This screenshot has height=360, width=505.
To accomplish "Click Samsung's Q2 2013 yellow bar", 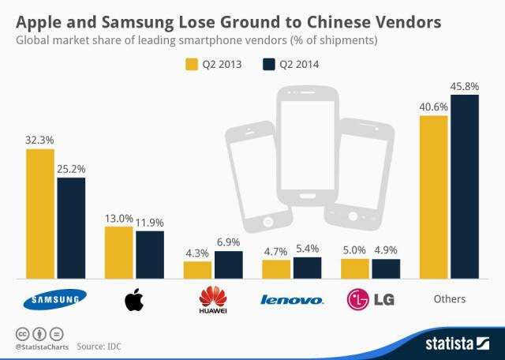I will coord(40,213).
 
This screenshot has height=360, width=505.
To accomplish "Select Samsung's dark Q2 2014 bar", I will coord(71,227).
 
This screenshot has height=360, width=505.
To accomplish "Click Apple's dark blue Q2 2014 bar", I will coord(150,254).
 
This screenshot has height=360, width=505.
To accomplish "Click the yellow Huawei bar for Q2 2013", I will coord(197,270).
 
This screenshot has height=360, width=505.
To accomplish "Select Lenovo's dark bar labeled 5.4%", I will coord(307,268).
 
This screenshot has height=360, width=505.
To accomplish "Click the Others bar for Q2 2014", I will coord(465,186).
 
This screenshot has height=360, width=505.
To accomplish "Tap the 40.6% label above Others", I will coord(433,107).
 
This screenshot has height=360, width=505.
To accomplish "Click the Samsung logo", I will coord(54,299).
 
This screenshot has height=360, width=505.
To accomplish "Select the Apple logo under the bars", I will coord(135,299).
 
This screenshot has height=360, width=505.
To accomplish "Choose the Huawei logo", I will coord(213,300).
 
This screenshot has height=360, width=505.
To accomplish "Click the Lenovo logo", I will coord(291,300).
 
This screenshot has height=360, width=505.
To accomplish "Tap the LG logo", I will coord(370,299).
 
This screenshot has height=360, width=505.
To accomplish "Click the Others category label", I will coord(450,299).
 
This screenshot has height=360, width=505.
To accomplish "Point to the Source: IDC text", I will coord(99,346).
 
